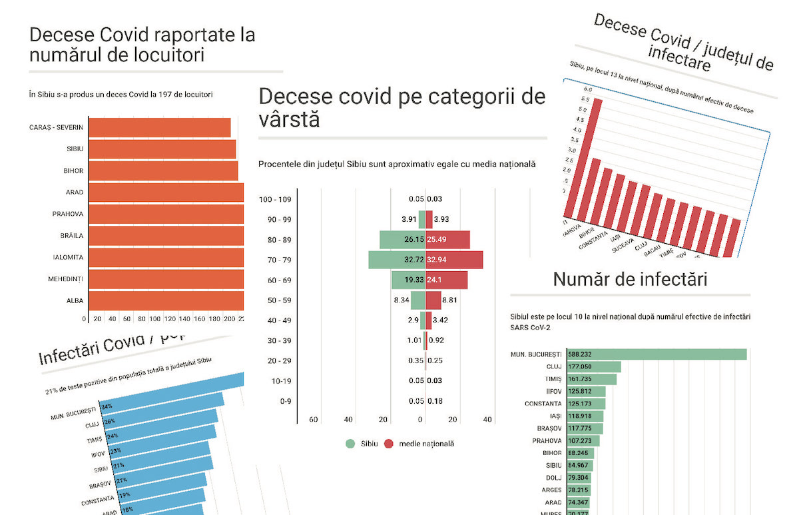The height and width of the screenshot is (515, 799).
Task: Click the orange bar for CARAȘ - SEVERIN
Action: (160, 127)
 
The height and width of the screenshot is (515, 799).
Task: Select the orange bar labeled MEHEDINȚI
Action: (166, 279)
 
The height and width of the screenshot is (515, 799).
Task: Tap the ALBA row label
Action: (75, 300)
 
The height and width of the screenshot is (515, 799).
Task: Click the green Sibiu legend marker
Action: (350, 444)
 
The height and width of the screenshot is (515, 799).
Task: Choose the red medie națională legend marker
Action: (388, 444)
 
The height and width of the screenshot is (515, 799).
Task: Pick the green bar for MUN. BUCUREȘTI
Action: (656, 354)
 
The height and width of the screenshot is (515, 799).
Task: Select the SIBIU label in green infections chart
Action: (553, 465)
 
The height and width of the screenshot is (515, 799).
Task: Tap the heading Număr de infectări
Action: (630, 280)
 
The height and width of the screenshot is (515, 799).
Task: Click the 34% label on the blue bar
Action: (107, 406)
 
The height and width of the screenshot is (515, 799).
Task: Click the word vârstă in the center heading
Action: (289, 121)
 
